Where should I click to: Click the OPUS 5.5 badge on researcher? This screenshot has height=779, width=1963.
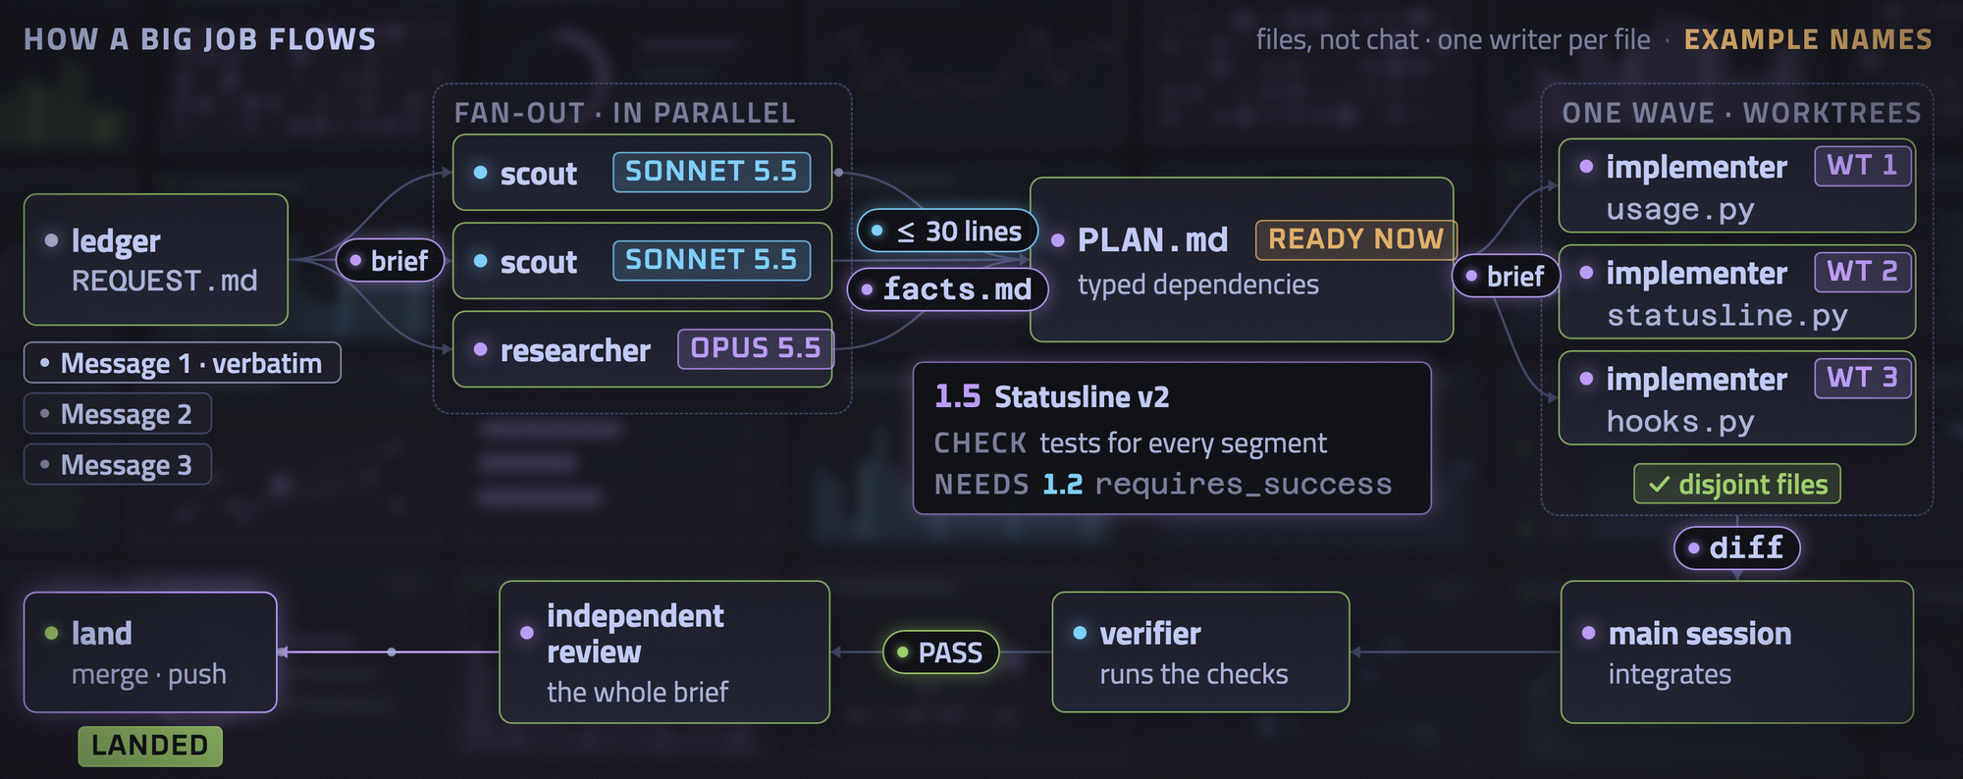755,348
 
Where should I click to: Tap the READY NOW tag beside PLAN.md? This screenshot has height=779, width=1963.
1355,239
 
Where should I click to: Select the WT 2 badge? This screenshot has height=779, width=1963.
1862,272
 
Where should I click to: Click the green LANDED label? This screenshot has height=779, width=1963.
150,746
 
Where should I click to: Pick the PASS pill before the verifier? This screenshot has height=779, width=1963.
941,652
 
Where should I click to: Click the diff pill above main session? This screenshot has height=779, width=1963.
1736,547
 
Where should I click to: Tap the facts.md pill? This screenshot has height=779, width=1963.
947,289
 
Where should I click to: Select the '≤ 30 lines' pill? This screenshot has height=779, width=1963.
947,232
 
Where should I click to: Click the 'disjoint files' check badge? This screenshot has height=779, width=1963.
1736,485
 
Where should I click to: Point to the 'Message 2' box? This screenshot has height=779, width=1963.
118,414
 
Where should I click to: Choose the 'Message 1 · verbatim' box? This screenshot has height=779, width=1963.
183,363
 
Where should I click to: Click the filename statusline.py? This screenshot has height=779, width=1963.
1726,315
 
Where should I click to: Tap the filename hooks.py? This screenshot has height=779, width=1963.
1679,421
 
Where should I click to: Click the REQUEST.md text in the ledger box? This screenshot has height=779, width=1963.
164,282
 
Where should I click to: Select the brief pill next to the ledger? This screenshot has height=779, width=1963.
390,261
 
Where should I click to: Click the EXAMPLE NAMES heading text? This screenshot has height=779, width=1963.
1808,40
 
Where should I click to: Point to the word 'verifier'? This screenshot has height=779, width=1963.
1149,634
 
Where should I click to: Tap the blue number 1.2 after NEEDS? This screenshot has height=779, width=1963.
1062,484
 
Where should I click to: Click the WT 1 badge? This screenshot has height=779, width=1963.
1862,166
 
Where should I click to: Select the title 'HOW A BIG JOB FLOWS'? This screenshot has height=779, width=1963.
200,40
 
